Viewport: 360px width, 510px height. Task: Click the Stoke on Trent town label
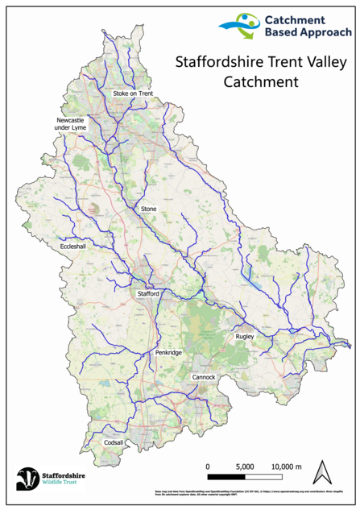[132, 94]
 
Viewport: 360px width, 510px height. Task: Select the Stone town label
[148, 209]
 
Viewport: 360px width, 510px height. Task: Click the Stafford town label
[148, 294]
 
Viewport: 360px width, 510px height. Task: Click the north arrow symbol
[323, 472]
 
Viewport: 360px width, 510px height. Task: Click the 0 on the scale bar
[208, 466]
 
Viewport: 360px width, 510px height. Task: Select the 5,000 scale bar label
[246, 466]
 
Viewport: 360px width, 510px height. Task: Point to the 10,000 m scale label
[285, 466]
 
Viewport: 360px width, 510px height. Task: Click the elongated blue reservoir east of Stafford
[256, 279]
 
